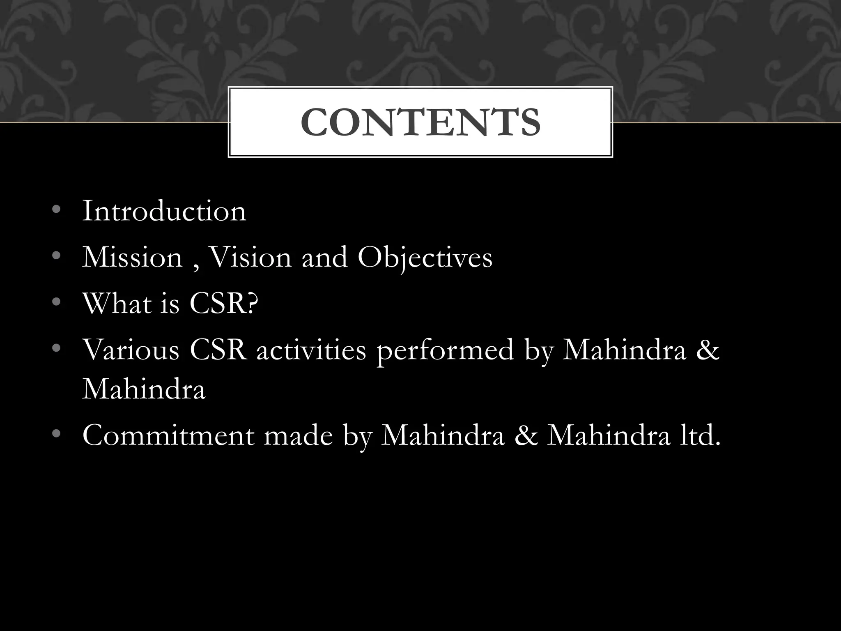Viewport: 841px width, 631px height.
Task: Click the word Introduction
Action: [164, 212]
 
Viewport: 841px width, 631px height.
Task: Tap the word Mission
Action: [132, 258]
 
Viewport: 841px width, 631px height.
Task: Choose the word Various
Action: [131, 350]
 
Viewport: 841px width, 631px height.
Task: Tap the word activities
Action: [311, 350]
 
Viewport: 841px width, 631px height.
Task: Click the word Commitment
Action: [168, 436]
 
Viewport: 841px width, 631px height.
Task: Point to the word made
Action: [298, 436]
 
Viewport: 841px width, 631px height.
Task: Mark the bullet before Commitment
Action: [57, 435]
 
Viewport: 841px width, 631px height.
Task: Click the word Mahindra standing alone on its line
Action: [144, 389]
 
